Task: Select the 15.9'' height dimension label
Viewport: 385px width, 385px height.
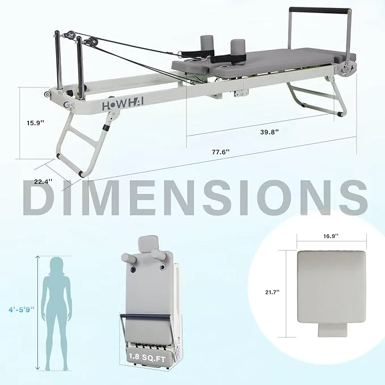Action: [33, 121]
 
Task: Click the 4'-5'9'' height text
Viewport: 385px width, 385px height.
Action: [21, 309]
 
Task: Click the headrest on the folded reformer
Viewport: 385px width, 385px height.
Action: [147, 245]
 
